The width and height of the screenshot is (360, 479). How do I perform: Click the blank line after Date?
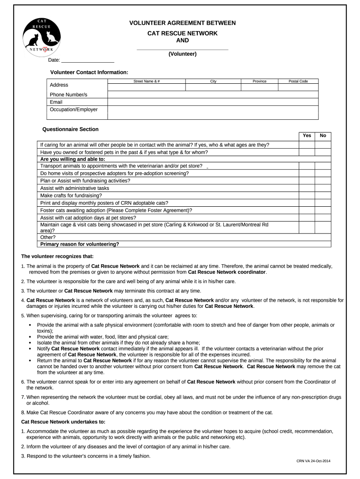[x=88, y=60]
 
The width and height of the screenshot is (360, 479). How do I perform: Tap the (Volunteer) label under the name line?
[x=182, y=54]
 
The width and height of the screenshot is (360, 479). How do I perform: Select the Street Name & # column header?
[x=147, y=81]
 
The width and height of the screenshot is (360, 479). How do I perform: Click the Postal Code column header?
[x=298, y=81]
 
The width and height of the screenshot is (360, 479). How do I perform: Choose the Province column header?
[x=259, y=81]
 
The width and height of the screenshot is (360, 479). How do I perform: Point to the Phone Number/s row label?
[x=68, y=94]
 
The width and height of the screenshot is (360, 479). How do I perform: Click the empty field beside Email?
[x=213, y=102]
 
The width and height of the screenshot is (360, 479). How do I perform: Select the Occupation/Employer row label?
[x=73, y=109]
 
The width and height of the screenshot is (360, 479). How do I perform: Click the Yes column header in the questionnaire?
[x=307, y=136]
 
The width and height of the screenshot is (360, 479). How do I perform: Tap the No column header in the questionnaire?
[x=323, y=136]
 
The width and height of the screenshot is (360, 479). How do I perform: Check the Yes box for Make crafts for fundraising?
[x=307, y=196]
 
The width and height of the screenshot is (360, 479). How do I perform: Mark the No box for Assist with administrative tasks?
[x=323, y=188]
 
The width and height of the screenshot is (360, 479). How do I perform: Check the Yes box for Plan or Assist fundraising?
[x=307, y=181]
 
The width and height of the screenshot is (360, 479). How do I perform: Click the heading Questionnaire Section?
[x=71, y=129]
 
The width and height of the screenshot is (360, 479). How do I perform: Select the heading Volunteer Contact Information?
[x=89, y=72]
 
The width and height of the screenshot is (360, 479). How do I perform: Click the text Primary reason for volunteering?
[x=79, y=244]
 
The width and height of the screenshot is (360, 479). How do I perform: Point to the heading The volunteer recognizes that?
[x=58, y=256]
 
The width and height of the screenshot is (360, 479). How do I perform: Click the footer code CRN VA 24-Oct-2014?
[x=314, y=461]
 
